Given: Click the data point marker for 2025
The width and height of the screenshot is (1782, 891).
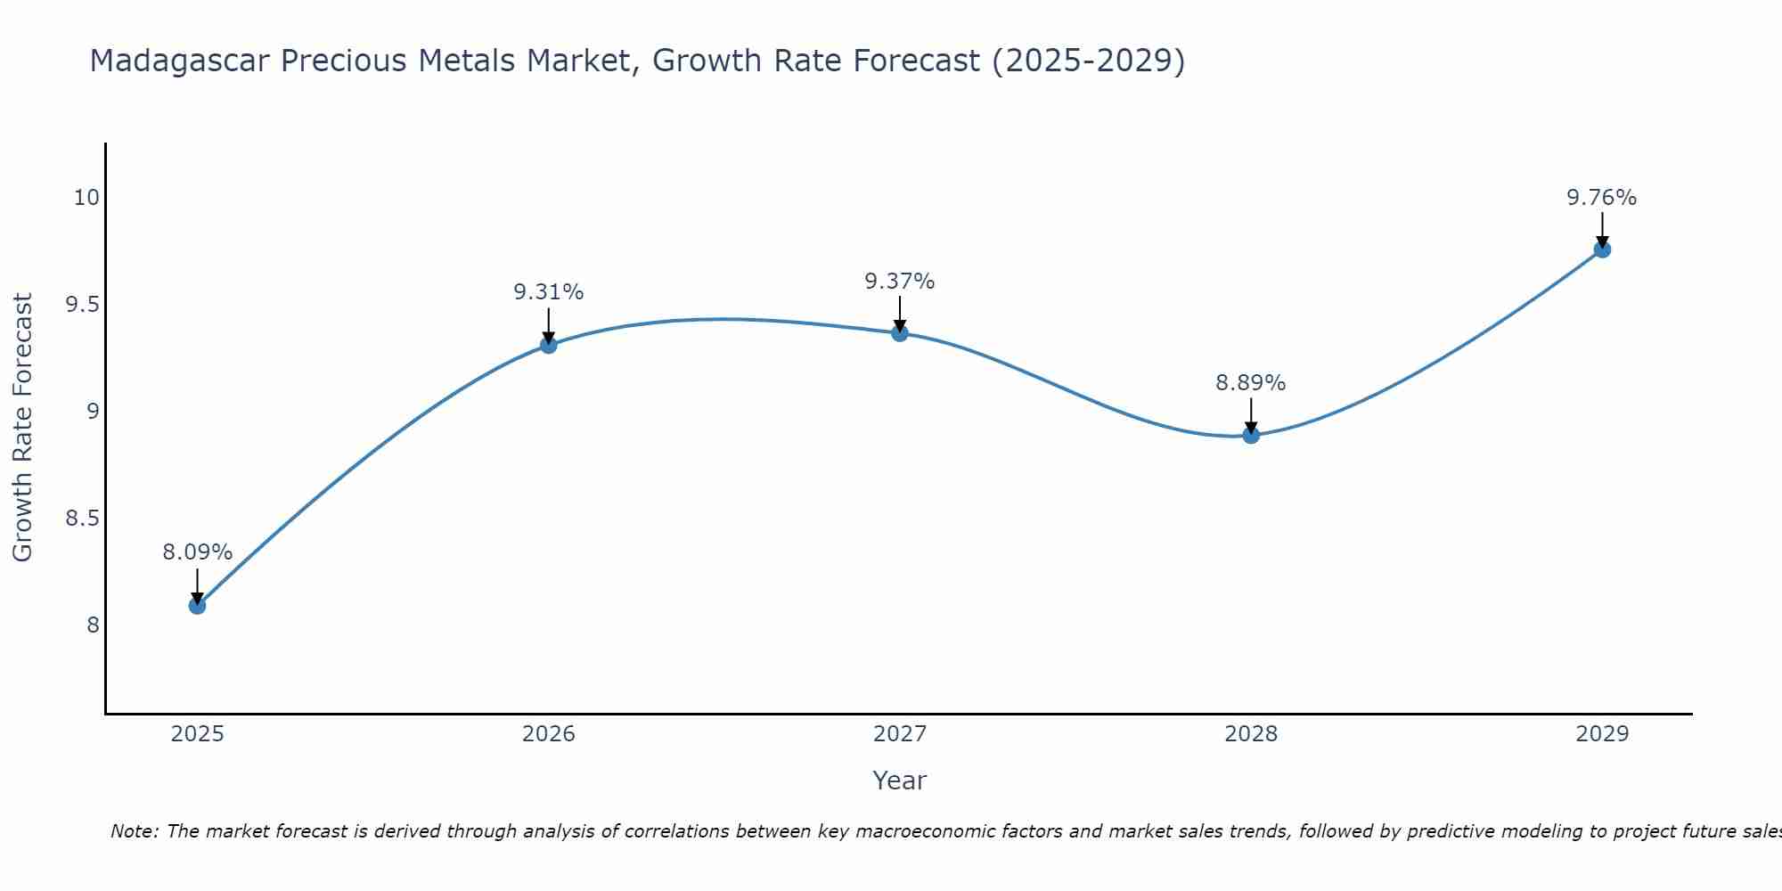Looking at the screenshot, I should pos(197,606).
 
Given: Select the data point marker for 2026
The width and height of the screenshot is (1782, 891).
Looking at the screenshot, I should pos(549,345).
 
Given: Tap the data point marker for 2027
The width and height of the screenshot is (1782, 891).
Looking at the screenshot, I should pos(900,332).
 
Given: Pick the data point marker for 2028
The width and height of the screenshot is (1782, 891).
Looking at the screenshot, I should pos(1251,435).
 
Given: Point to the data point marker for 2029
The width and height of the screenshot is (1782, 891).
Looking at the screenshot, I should pos(1602,249).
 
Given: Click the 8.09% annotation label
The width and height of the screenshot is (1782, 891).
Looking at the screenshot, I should pos(197,552).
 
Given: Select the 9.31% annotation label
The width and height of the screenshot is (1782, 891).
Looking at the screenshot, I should pos(549,292).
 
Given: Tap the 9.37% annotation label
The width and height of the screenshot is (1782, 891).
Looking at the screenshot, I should pos(900,282).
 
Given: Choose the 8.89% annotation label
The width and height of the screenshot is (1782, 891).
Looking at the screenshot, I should pos(1251,383).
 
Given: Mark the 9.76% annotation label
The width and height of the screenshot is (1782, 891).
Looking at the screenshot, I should pos(1602,198).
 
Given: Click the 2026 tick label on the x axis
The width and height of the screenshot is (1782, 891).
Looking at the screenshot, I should pos(549,734).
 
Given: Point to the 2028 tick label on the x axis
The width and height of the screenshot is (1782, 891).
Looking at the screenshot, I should pos(1251,734).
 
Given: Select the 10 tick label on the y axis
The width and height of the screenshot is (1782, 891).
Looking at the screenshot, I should pos(86,198).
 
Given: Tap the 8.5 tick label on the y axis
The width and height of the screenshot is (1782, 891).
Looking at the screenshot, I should pos(82,519).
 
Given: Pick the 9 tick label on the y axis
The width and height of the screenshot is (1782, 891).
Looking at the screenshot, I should pos(93,412).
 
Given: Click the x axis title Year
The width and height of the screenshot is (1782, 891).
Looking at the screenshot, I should pos(900,781).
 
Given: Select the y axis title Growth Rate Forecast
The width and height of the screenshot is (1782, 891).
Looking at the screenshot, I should pos(23,428).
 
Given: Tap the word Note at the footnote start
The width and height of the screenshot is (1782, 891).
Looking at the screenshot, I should pos(134,831).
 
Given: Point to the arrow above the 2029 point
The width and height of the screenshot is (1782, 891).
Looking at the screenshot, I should pos(1602,230).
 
